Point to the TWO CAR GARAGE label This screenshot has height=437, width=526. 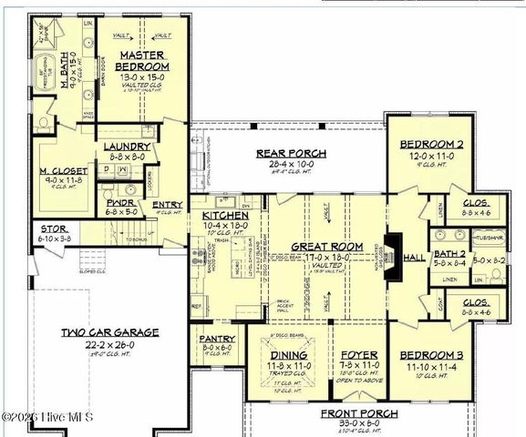point(109,332)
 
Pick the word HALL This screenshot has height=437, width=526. point(414,258)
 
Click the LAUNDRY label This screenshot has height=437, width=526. point(127,147)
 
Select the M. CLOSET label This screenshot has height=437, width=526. point(64,170)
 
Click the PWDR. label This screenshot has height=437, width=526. point(121,202)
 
